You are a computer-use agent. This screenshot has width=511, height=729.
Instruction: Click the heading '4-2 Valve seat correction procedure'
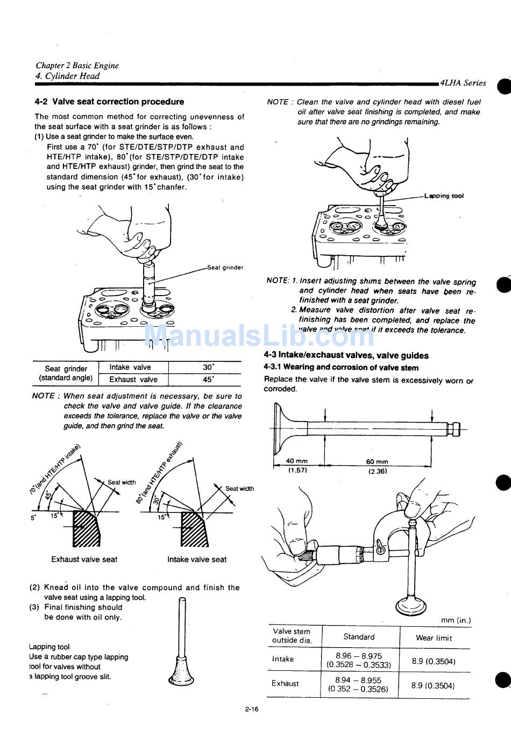point(109,102)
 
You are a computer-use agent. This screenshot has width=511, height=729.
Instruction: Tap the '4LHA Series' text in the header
point(463,83)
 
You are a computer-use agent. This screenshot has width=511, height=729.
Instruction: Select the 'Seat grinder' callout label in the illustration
point(225,267)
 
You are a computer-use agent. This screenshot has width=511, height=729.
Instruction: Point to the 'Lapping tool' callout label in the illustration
point(444,196)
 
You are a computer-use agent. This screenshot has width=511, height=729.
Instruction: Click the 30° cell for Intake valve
point(208,367)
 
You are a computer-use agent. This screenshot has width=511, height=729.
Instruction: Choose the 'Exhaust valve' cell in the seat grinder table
point(133,380)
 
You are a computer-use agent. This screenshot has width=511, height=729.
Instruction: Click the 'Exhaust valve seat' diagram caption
point(84,559)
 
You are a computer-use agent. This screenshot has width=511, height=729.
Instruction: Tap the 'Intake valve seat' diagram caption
point(197,559)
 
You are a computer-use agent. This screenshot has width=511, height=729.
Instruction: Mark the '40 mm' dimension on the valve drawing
point(297,461)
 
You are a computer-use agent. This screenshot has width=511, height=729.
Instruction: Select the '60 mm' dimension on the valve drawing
point(377,461)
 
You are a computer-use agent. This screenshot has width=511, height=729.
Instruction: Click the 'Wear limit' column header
point(434,638)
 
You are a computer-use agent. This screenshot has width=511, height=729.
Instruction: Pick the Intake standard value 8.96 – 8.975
point(359,656)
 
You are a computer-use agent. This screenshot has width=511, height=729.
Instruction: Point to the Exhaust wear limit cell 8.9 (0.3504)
point(434,685)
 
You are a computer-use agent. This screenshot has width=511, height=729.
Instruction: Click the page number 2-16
point(251,709)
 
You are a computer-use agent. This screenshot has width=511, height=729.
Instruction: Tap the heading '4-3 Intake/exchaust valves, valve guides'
point(346,355)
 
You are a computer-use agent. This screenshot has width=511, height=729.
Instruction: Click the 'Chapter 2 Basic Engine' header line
point(77,66)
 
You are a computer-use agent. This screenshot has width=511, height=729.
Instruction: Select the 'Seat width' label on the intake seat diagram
point(239,489)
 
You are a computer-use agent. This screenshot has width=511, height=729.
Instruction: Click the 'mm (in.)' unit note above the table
point(456,620)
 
